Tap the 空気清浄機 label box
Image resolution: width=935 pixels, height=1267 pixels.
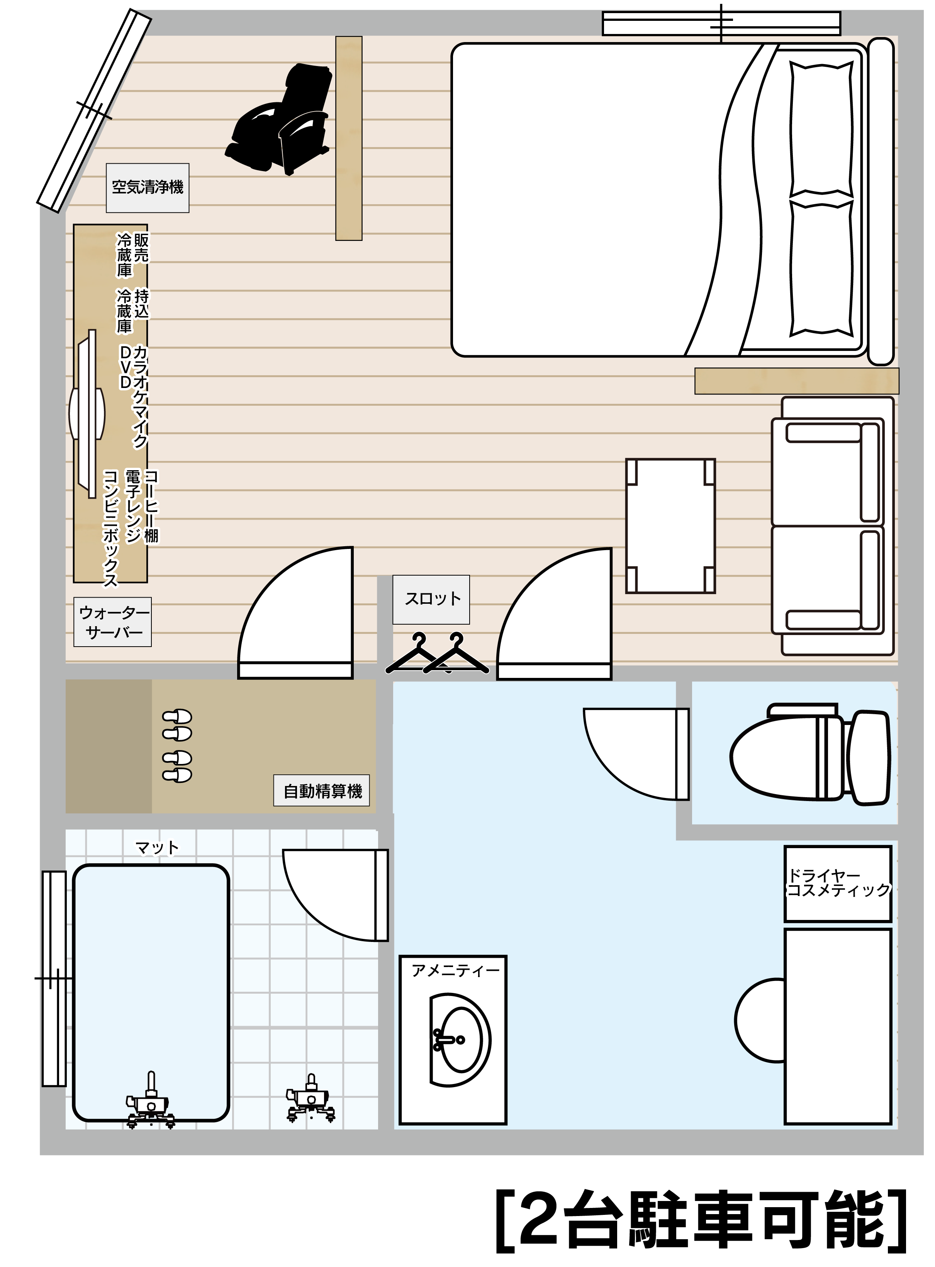[x=147, y=188]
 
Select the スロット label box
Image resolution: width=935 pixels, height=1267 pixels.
[x=431, y=599]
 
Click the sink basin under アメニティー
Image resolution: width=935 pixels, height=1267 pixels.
[x=460, y=1040]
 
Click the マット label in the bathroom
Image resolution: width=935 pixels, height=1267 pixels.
[x=157, y=848]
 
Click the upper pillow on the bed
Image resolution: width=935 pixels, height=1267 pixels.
[x=821, y=129]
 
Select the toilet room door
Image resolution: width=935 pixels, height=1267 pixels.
[x=636, y=754]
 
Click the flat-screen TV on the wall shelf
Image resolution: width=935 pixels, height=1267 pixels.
[x=87, y=413]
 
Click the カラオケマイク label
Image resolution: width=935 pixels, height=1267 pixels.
[x=140, y=397]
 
